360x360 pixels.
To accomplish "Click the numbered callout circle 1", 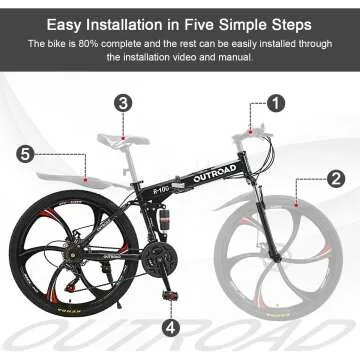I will click(x=276, y=102).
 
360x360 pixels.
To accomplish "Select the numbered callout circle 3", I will click(x=122, y=102).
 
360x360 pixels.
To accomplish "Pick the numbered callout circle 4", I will click(x=171, y=326).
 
